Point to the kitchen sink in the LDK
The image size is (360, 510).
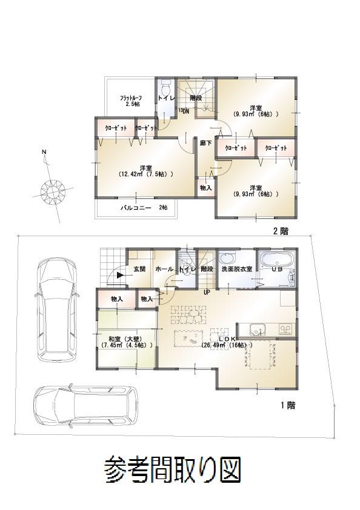(257, 330)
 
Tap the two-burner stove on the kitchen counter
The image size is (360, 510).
(284, 329)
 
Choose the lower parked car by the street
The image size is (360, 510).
(85, 405)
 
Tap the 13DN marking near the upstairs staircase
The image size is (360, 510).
(184, 111)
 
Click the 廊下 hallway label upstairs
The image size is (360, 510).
(205, 143)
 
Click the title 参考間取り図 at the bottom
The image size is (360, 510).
(173, 468)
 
